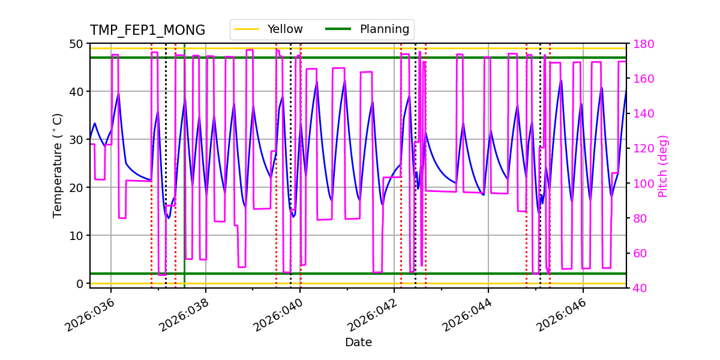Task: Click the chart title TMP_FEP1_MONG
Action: (148, 31)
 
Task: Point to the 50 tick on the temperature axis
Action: (76, 44)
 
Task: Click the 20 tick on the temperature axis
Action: (76, 188)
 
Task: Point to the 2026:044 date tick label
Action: (467, 316)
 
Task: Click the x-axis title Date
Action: (358, 343)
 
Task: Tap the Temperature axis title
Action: (58, 165)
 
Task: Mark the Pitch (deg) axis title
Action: (663, 166)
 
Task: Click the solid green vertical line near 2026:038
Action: (184, 180)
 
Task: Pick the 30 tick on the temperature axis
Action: (76, 140)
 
